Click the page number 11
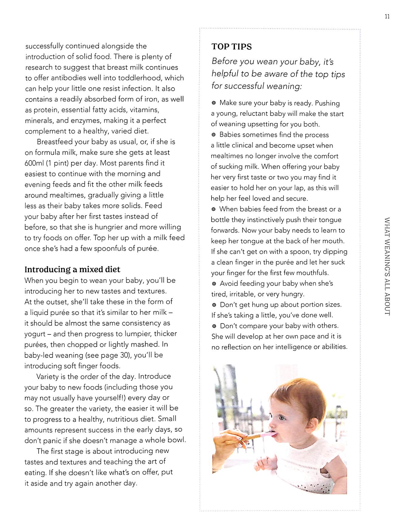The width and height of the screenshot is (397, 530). point(387,17)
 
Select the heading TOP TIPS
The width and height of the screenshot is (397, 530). point(232,47)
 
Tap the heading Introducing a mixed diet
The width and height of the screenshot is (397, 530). point(72,270)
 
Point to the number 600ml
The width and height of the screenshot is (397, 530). point(34,163)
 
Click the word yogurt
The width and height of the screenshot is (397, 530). point(35,334)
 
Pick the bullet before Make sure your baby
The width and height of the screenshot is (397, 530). point(214,103)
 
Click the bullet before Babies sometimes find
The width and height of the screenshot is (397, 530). point(214,135)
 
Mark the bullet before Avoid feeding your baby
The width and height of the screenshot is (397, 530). point(214,283)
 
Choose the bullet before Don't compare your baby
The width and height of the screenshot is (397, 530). point(214,326)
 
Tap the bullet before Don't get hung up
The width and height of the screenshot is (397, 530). point(214,305)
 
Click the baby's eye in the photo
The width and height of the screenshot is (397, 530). point(282,418)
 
